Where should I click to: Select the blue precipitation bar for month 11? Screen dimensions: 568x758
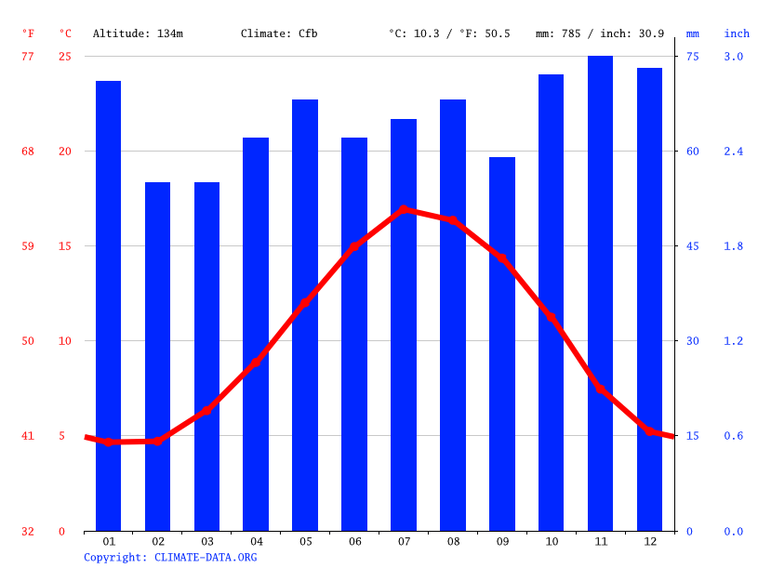point(600,293)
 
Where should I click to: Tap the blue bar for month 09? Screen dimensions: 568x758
point(502,344)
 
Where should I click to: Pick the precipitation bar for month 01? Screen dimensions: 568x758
point(108,306)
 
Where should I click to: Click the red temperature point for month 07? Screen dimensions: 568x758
point(404,209)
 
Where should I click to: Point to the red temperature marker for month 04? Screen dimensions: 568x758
point(256,363)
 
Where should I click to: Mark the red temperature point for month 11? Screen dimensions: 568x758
point(600,389)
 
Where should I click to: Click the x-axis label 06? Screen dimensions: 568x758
point(354,541)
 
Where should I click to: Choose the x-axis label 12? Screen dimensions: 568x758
point(649,541)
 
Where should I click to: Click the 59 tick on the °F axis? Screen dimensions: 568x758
point(28,246)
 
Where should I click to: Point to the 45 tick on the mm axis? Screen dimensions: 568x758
point(692,246)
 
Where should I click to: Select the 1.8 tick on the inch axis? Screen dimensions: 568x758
point(734,246)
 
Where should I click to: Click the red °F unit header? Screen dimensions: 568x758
point(28,33)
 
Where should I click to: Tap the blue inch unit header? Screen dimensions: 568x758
point(737,33)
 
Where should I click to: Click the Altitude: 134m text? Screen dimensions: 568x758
point(138,33)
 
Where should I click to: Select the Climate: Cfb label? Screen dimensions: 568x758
point(279,33)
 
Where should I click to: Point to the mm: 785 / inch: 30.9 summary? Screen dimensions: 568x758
point(600,33)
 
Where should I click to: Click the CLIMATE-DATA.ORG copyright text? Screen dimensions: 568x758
point(170,557)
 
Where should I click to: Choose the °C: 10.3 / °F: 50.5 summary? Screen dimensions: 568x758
point(449,33)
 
